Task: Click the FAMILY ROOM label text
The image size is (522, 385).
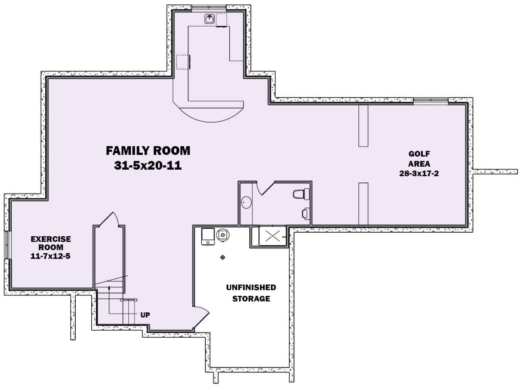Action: [x=148, y=151]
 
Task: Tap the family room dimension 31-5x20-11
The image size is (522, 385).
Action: [x=148, y=165]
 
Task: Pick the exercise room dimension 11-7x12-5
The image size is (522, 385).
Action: [x=51, y=257]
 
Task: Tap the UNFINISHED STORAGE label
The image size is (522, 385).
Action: [x=251, y=293]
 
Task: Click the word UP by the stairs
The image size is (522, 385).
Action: [x=145, y=315]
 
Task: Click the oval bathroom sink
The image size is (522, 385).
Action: [x=246, y=203]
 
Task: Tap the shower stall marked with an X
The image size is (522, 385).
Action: [x=272, y=236]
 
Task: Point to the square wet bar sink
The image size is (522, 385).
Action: [x=210, y=19]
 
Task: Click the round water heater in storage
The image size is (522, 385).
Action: [x=223, y=234]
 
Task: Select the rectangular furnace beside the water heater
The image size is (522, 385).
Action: [x=207, y=236]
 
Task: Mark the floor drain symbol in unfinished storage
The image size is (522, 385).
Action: [x=223, y=258]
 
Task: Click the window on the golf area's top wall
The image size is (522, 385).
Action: [x=430, y=101]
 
